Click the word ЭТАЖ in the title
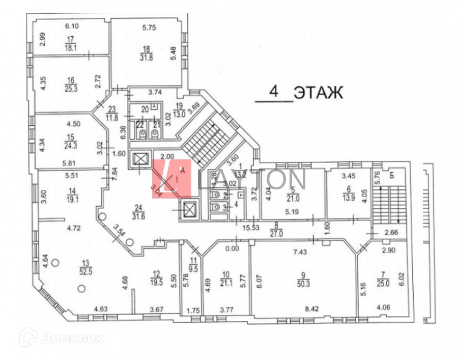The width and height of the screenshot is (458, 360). tap(319, 93)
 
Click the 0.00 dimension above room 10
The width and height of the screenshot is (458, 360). tap(232, 249)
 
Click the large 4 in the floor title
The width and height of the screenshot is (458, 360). tap(274, 92)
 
